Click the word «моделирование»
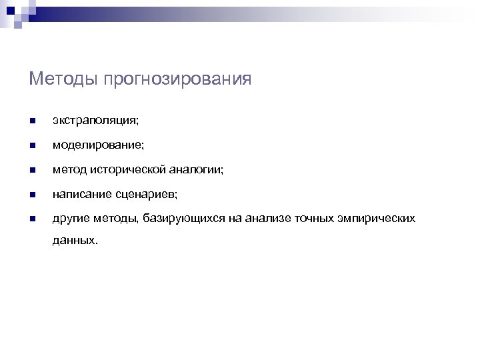click(96, 145)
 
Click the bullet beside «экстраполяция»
click(32, 121)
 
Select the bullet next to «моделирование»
click(32, 145)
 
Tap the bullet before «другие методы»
click(32, 218)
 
